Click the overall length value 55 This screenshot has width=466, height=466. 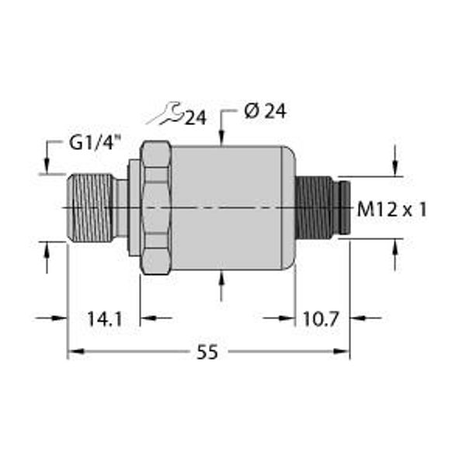[x=206, y=353]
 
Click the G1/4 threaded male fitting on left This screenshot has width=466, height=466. [x=90, y=207]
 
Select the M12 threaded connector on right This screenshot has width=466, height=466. [x=321, y=208]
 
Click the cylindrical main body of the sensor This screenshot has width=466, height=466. [x=233, y=208]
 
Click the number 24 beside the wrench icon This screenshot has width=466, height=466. [x=195, y=117]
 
